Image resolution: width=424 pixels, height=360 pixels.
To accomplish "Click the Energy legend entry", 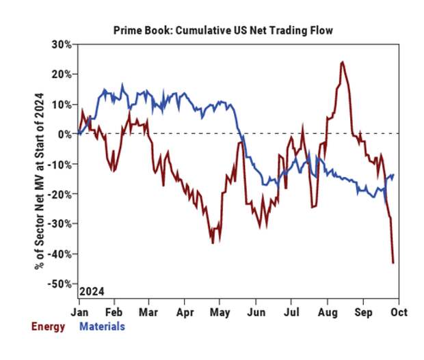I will coord(48,326).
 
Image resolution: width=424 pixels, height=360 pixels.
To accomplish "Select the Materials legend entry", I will coord(103,326).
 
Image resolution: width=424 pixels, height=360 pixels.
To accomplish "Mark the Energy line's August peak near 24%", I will coord(341,62).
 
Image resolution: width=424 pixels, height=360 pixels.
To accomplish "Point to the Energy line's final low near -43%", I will coord(393,262).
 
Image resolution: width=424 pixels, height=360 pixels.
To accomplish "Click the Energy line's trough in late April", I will coord(213,243).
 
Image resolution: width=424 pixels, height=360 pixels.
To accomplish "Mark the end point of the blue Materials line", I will coord(394,174).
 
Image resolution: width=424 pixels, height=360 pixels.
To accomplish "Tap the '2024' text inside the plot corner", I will coord(92,290).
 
